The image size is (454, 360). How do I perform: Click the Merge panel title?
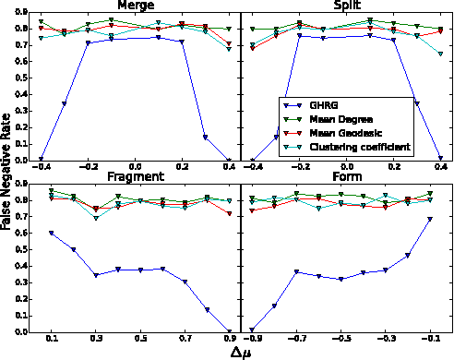click(x=135, y=6)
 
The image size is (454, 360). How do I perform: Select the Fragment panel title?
click(x=135, y=176)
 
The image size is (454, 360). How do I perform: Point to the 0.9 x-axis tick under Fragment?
click(x=230, y=339)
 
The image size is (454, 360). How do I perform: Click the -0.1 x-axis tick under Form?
click(x=431, y=339)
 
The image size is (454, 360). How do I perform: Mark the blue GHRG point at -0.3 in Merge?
click(x=64, y=103)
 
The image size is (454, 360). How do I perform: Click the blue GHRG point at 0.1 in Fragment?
click(x=51, y=233)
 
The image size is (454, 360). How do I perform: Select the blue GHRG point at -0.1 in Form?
click(x=431, y=219)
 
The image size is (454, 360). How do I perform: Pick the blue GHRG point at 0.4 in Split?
click(x=440, y=159)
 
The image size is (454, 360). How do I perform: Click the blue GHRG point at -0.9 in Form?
click(x=251, y=330)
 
